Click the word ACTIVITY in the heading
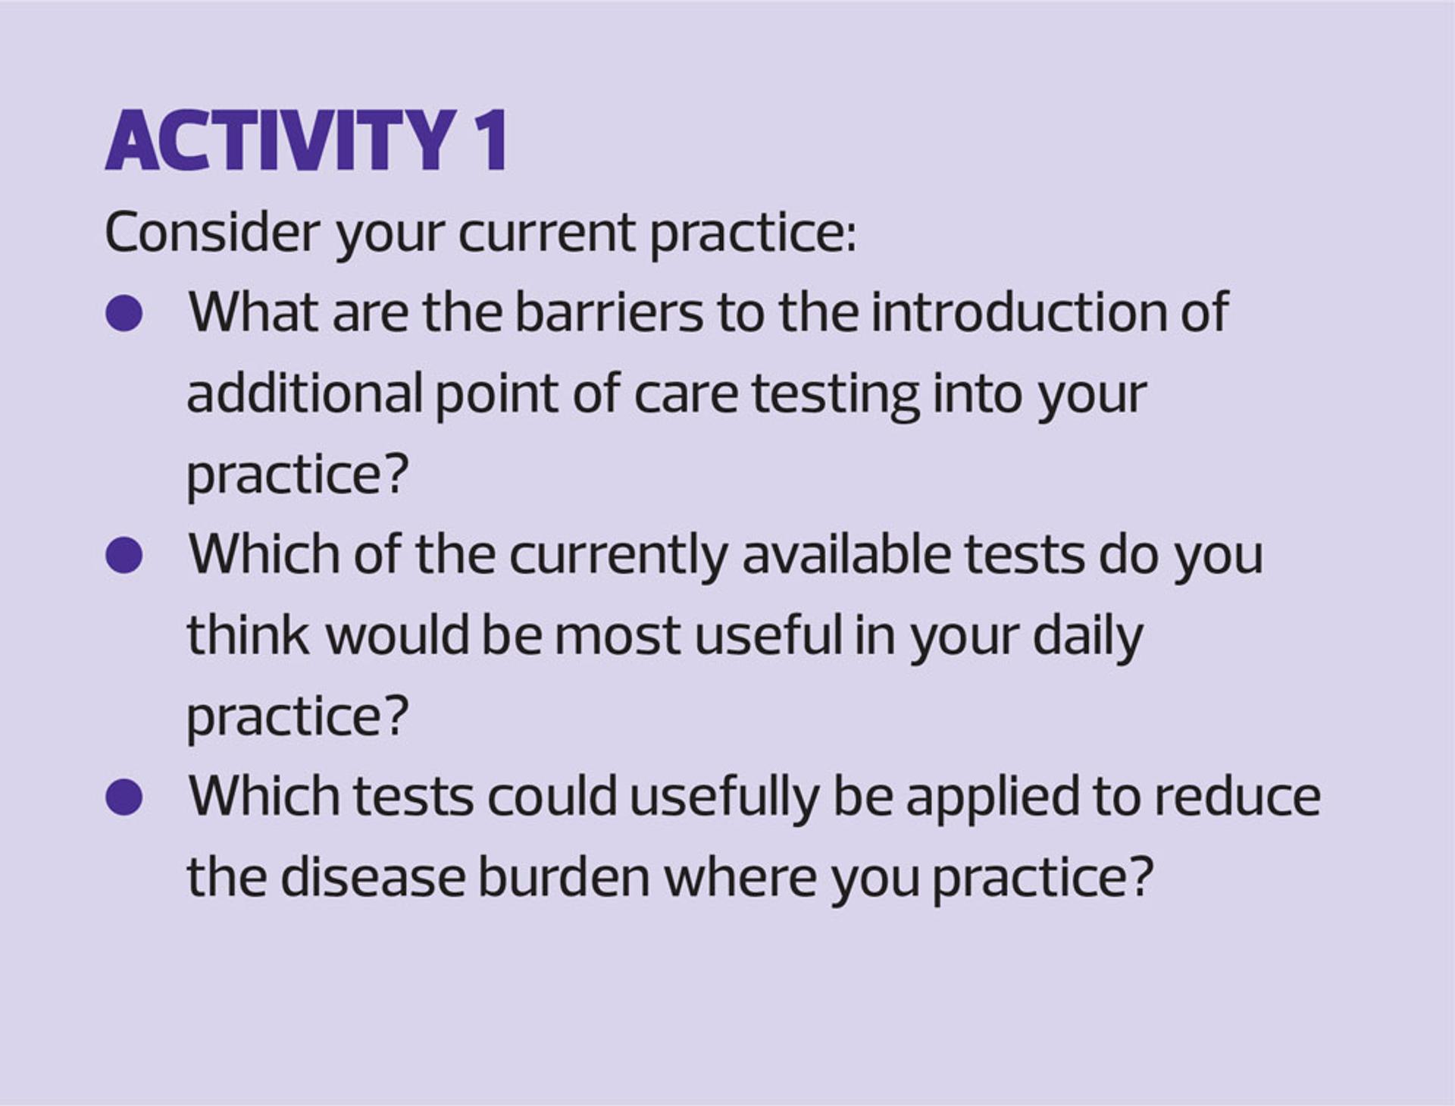pos(281,140)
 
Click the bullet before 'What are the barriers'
pos(124,312)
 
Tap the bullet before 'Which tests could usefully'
pos(124,797)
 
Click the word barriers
pos(609,312)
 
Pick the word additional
pos(305,393)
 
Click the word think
pos(248,634)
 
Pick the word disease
pos(373,877)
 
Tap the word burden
pos(564,877)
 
